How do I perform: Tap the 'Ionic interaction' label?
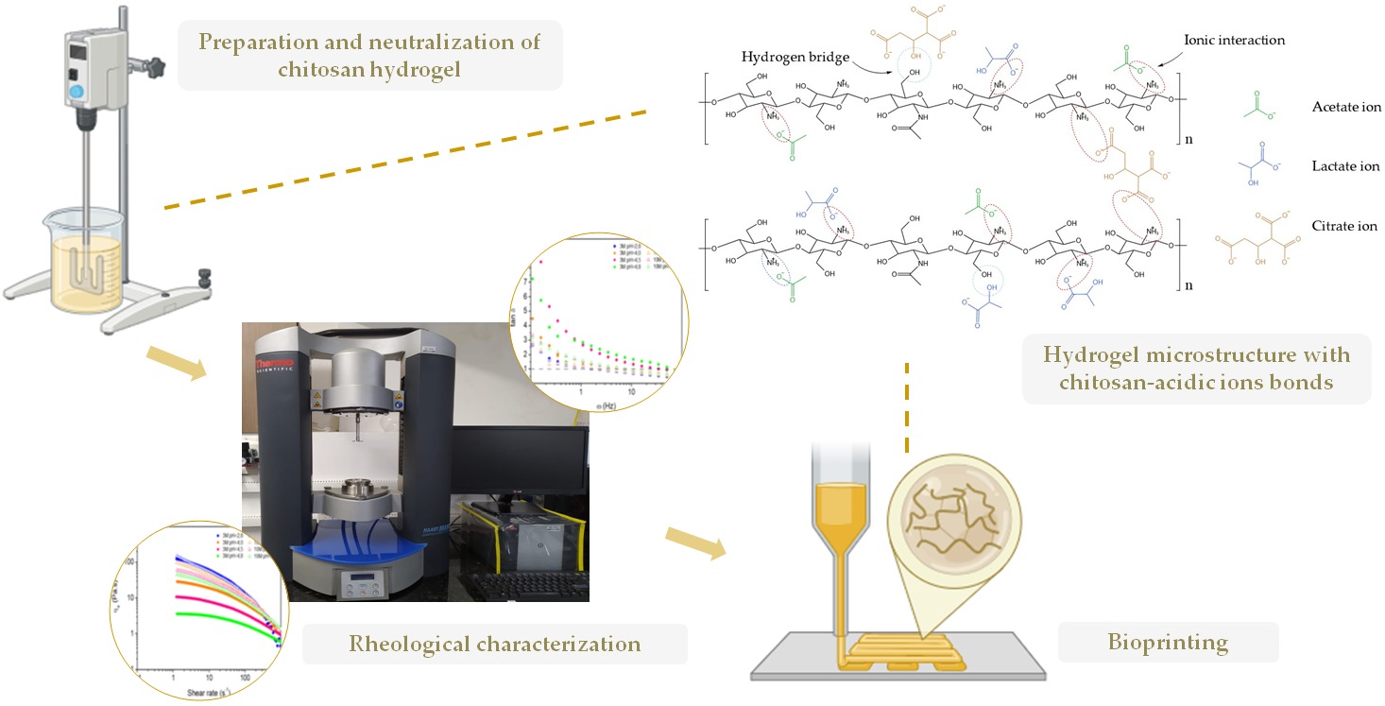[x=1239, y=41]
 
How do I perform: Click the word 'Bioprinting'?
[x=1168, y=644]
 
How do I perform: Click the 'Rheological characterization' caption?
[x=495, y=645]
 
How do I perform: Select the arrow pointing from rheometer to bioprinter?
[x=693, y=541]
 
